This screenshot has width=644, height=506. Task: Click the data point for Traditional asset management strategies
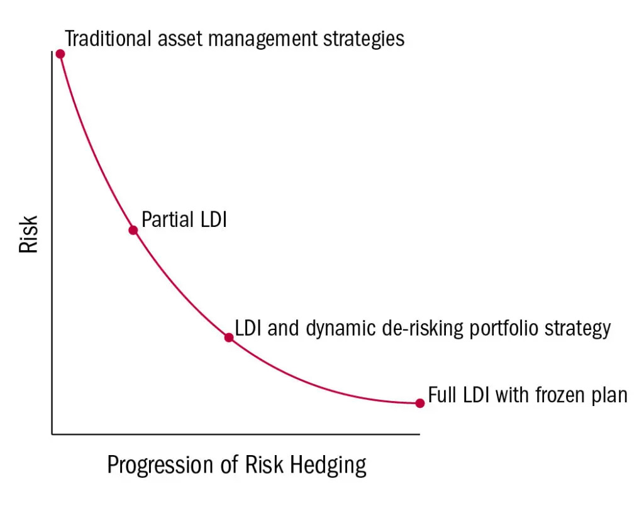pyautogui.click(x=60, y=54)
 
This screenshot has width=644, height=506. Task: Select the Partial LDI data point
pyautogui.click(x=133, y=230)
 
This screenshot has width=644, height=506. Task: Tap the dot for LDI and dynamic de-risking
pyautogui.click(x=229, y=338)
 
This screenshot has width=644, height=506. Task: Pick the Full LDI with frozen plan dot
pyautogui.click(x=420, y=403)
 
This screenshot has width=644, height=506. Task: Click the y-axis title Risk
pyautogui.click(x=29, y=234)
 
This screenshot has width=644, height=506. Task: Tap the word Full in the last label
pyautogui.click(x=441, y=395)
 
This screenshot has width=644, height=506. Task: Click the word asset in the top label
pyautogui.click(x=182, y=39)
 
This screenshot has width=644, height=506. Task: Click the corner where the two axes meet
pyautogui.click(x=52, y=434)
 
